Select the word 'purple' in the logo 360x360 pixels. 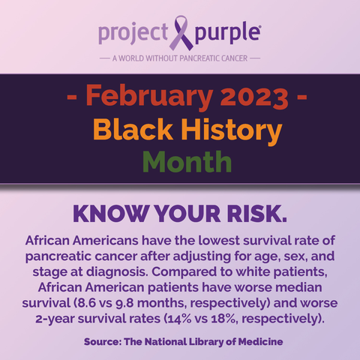227,33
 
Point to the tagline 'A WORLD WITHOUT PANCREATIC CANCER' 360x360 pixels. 180,58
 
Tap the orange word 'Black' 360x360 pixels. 133,129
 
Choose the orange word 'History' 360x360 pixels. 232,130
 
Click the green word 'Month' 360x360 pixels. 187,162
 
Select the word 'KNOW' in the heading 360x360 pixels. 110,214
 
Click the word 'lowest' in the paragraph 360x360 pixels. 220,241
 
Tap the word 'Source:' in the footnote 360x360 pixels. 103,341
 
